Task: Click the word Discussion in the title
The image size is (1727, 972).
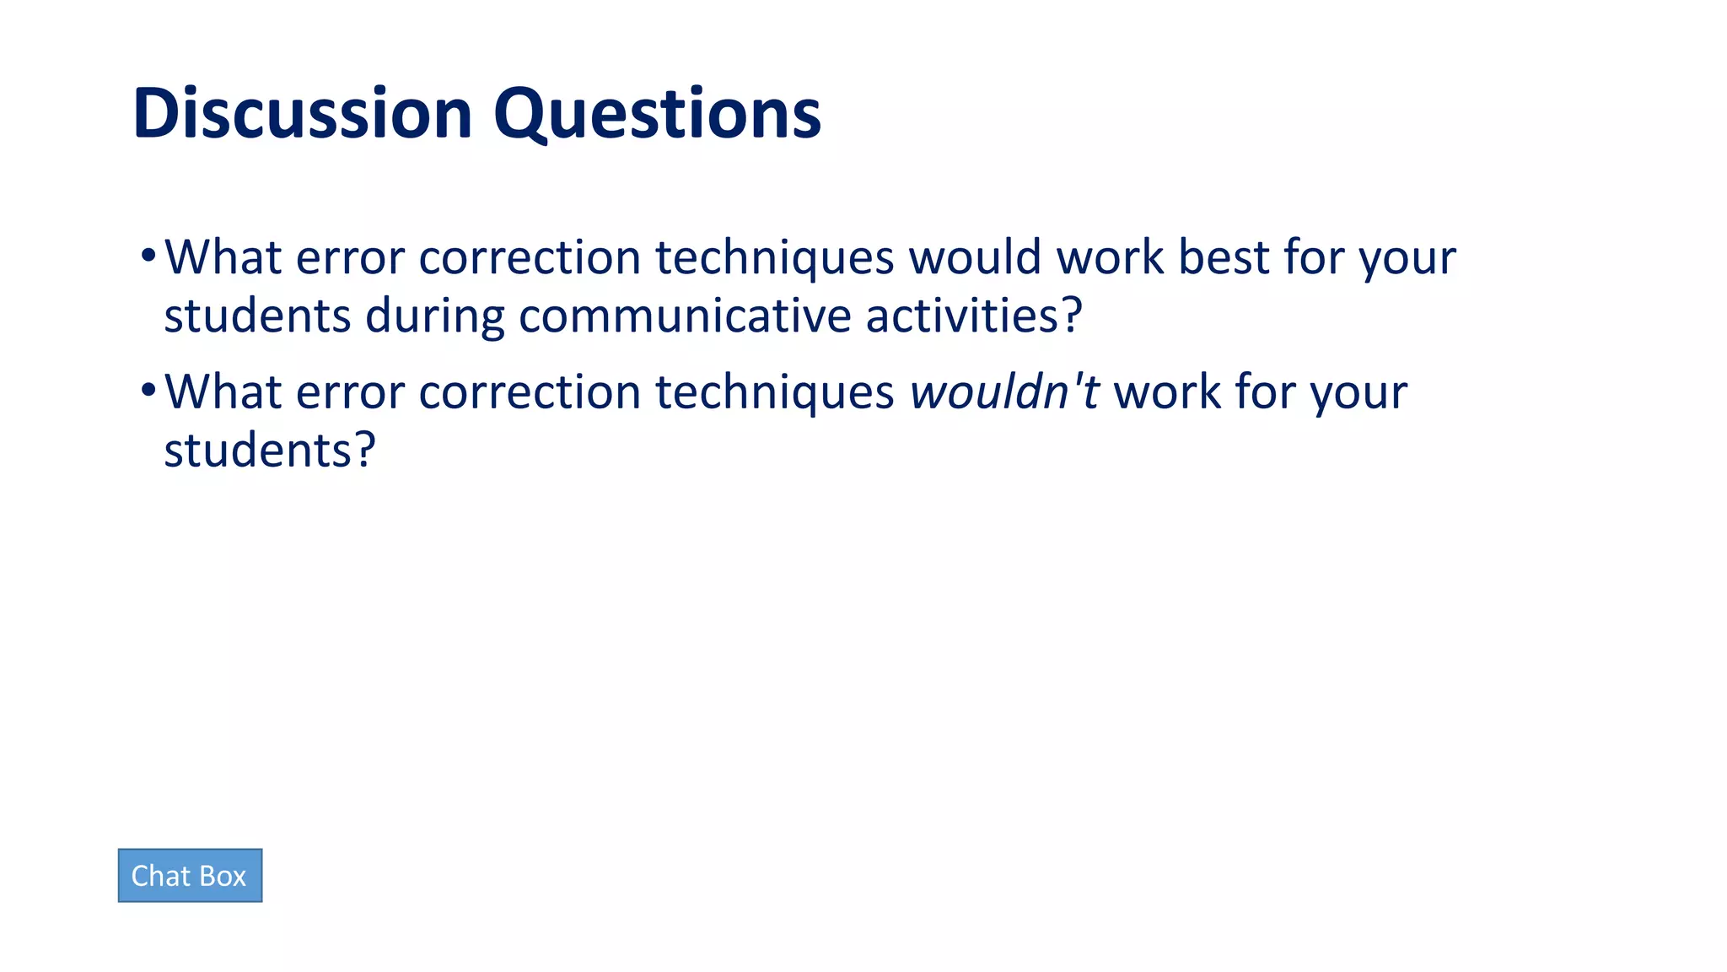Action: (x=302, y=114)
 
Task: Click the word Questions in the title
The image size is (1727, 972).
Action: (x=657, y=114)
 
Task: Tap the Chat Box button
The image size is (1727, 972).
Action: (x=190, y=876)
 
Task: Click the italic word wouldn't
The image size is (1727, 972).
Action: (x=1004, y=392)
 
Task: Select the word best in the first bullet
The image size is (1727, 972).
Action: (x=1224, y=257)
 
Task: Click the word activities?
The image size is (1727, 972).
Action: (x=974, y=316)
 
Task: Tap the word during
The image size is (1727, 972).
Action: (x=434, y=316)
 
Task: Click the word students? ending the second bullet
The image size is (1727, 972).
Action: (x=269, y=451)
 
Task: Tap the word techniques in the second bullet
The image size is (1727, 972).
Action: (x=774, y=392)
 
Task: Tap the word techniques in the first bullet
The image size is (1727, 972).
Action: (x=774, y=257)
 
